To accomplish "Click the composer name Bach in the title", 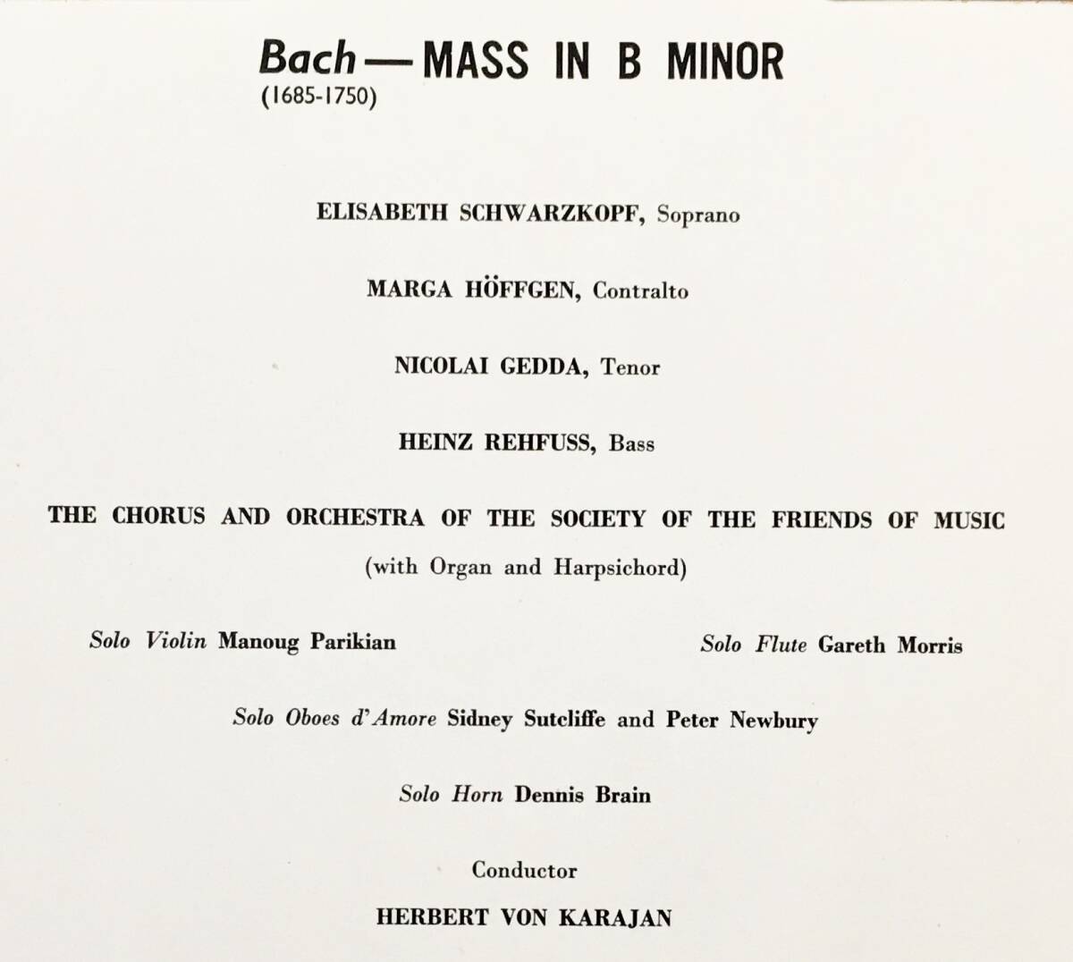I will coord(307,59).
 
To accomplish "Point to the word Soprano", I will coord(698,215).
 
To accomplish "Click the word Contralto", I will coord(640,291).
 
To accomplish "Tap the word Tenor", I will coord(630,367).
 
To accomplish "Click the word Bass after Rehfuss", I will coord(631,443).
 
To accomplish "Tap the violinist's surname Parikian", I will coord(352,642).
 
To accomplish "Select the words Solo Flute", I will coord(754,645).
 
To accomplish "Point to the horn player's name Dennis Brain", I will coord(582,795).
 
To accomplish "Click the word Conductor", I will coord(525,870).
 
